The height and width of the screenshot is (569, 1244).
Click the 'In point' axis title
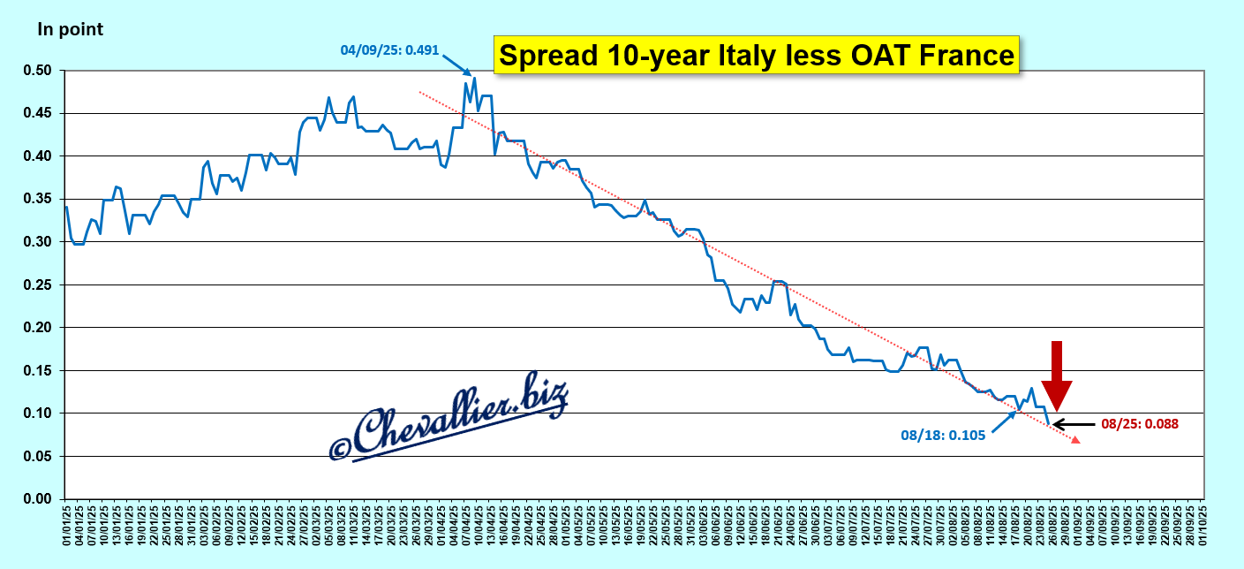click(x=70, y=29)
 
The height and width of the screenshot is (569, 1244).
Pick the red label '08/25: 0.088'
click(x=1140, y=424)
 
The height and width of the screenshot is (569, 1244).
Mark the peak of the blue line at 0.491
click(x=474, y=78)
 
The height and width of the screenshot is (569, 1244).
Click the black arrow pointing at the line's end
click(x=1073, y=424)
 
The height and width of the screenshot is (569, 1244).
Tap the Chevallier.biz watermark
click(x=449, y=417)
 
